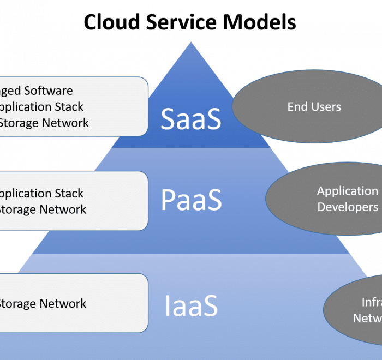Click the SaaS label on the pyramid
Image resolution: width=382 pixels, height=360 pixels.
coord(191,119)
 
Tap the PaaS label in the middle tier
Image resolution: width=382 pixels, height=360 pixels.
coord(191,200)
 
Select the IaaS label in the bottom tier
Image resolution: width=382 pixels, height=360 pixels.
coord(191,305)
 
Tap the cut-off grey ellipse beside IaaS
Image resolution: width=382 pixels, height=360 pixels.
coord(357,310)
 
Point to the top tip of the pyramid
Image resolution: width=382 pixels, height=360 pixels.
coord(191,43)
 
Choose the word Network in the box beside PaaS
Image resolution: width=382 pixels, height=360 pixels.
coord(63,209)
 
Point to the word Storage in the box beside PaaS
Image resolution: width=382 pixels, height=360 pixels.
coord(17,209)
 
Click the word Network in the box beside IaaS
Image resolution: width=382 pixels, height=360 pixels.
coord(63,303)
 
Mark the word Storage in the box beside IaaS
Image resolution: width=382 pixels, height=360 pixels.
coord(17,303)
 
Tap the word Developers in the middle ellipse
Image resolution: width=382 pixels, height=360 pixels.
coord(348,207)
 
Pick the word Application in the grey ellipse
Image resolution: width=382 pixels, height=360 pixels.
coord(348,191)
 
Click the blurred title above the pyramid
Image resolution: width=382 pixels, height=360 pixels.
coord(191,22)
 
